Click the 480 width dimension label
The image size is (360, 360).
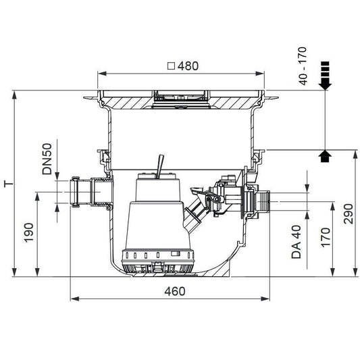[188, 66]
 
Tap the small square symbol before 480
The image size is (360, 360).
[171, 66]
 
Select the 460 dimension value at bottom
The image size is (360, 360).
[175, 291]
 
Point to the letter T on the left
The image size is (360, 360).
[9, 184]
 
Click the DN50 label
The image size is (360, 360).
[47, 159]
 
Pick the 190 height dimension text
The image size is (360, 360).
[29, 232]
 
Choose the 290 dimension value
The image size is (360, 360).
[348, 213]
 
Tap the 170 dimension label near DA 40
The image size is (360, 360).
[326, 237]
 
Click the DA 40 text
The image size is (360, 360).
[297, 242]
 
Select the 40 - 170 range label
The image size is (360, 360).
[303, 66]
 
